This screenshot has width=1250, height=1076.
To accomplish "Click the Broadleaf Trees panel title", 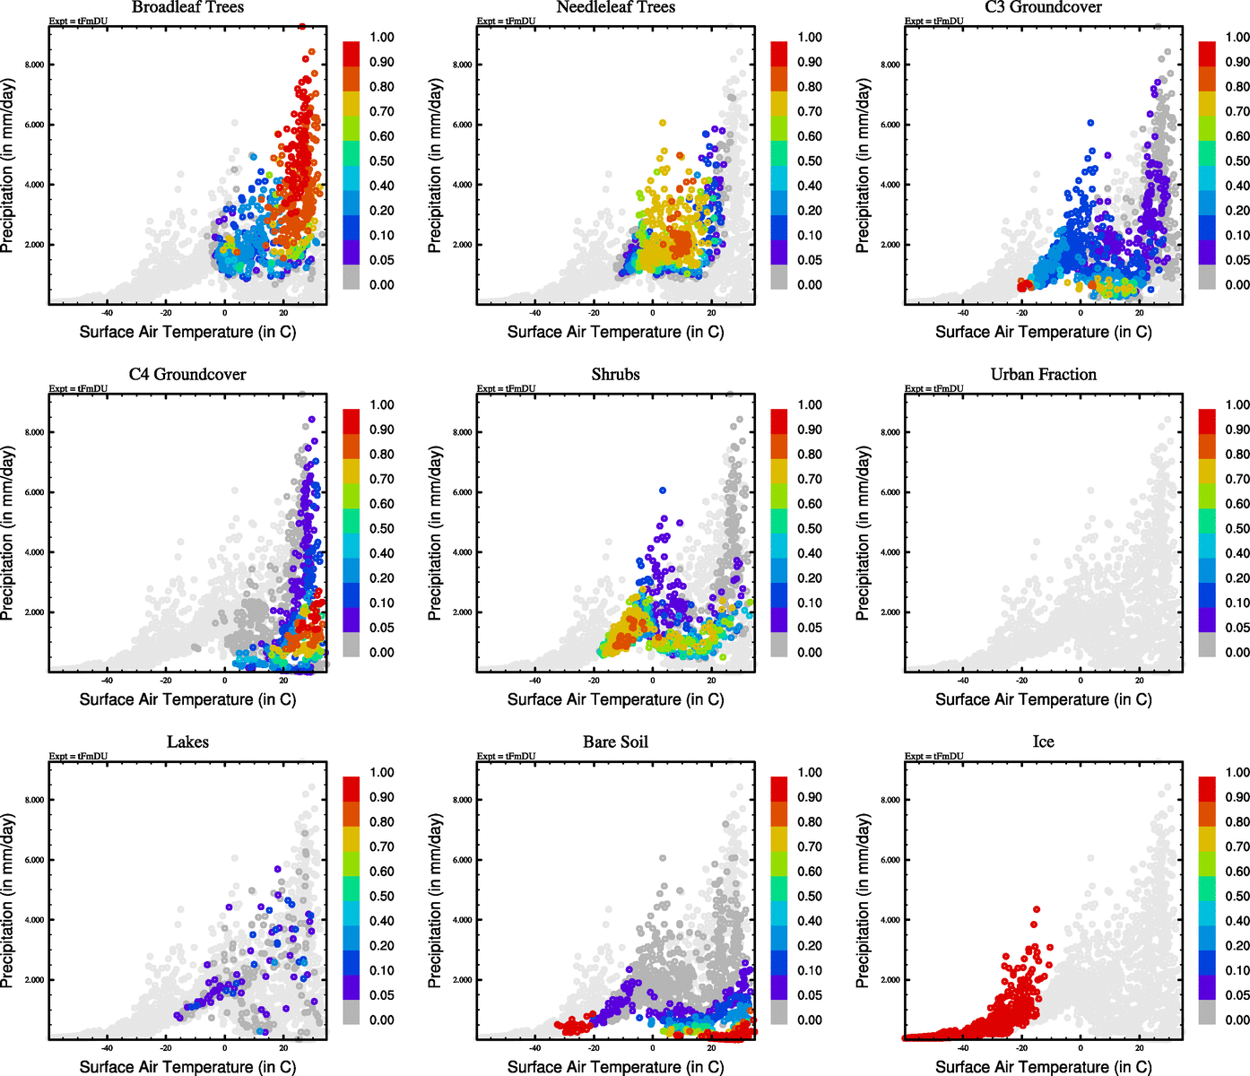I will point(187,7).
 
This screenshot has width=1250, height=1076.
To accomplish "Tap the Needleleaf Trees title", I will point(615,7).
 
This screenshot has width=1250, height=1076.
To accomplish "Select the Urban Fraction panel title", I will point(1043,375).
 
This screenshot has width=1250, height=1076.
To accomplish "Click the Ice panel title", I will point(1043,742).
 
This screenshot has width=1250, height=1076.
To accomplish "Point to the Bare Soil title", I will point(615,742).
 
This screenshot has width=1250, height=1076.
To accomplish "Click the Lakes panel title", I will point(187,742).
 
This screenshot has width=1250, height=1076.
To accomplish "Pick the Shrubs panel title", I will point(615,375).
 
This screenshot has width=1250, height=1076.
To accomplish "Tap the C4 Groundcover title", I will point(187,375).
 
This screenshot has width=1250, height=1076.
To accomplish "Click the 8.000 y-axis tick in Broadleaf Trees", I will point(35,65).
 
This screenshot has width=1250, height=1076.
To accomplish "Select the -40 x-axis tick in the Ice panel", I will point(963,1047).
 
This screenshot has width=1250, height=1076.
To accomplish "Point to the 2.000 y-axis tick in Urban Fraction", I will point(890,612).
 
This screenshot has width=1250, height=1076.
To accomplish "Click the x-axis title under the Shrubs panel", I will point(615,699).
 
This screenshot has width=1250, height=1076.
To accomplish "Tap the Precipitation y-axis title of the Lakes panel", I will point(8,900).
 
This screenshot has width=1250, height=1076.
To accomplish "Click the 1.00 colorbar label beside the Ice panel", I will point(1237,772).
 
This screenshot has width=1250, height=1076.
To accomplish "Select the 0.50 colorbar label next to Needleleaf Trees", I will point(810,161).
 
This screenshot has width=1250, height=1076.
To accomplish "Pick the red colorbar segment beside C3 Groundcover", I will point(1207,53).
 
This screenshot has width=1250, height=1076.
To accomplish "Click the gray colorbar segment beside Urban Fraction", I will point(1207,644).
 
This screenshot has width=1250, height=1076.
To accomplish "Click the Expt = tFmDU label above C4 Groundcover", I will point(78,388).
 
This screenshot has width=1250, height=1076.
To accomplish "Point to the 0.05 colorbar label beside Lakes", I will point(382,995).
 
